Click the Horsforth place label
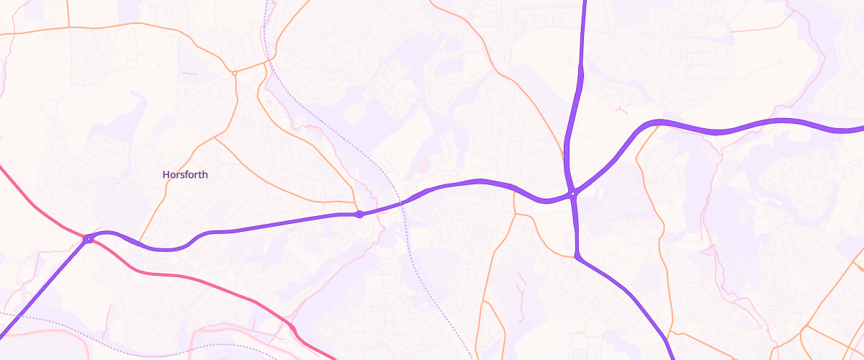[x=185, y=175]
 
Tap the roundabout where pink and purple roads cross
[x=88, y=238]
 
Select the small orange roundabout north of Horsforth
[x=235, y=73]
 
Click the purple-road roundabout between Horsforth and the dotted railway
[x=359, y=214]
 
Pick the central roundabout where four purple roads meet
[x=572, y=193]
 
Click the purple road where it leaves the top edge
[x=584, y=2]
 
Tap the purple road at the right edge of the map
[x=861, y=130]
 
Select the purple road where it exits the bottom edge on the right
[x=672, y=357]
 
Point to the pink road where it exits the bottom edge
[x=333, y=358]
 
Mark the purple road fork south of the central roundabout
[x=577, y=255]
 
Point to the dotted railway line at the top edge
[x=266, y=2]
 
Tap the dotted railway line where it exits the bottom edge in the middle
[x=471, y=357]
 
